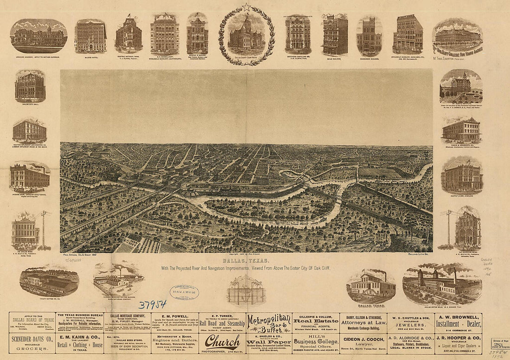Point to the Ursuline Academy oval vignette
[x=38, y=36]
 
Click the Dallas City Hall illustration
[x=30, y=86]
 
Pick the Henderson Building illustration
[x=369, y=36]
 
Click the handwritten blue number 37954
[x=153, y=304]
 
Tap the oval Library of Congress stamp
[x=184, y=292]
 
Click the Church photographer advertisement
[x=223, y=343]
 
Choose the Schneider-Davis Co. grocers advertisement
[x=32, y=344]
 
